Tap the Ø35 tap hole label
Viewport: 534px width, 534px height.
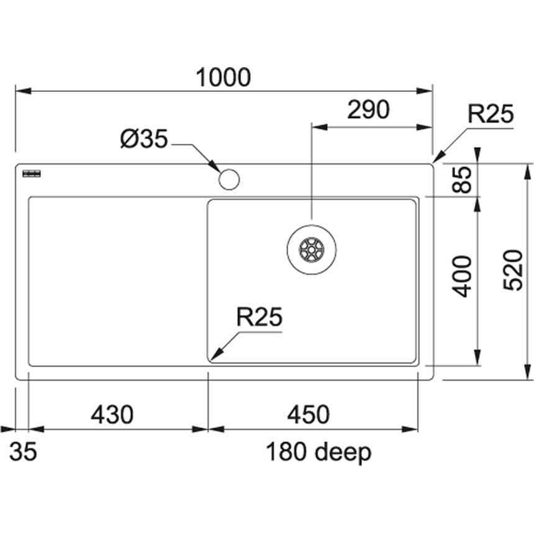[144, 140]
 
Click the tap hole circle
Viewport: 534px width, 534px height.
[229, 179]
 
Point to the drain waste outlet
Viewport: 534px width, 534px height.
[312, 249]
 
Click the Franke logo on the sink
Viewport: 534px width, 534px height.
[30, 173]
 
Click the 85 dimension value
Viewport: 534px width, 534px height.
[463, 180]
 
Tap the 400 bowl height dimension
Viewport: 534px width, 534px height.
[463, 276]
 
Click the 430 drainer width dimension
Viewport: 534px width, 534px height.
[112, 415]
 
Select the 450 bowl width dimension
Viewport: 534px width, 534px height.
[308, 415]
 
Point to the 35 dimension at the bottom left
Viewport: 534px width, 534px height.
[23, 452]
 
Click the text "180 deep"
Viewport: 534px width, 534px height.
[319, 452]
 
